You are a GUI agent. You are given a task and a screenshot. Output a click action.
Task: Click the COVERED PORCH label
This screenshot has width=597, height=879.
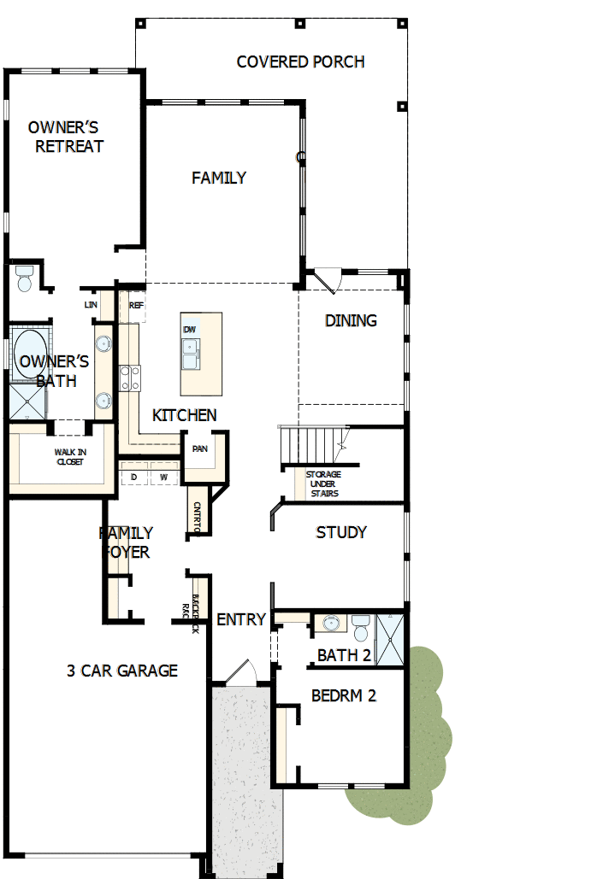[300, 62]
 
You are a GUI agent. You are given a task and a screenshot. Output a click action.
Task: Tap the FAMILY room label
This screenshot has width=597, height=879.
[219, 178]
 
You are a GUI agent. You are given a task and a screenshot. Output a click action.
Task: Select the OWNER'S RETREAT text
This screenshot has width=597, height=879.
[69, 137]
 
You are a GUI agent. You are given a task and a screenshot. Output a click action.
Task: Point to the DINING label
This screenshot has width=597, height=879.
[351, 320]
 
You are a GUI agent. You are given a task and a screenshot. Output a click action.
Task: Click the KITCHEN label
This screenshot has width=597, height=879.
[184, 415]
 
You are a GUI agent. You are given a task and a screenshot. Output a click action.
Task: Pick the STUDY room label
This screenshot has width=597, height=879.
[341, 532]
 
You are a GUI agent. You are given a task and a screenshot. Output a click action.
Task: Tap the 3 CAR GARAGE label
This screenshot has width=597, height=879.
[122, 671]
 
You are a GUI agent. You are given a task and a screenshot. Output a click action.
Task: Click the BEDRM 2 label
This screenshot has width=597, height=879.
[344, 695]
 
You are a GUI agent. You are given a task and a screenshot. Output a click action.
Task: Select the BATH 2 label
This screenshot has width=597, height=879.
[344, 655]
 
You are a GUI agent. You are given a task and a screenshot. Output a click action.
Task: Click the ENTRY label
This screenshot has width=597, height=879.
[241, 619]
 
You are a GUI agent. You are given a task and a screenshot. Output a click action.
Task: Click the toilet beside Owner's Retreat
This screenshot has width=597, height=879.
[24, 278]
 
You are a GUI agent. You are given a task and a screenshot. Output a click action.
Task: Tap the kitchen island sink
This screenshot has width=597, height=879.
[190, 351]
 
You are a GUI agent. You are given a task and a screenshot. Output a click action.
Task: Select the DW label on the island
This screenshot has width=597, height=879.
[189, 329]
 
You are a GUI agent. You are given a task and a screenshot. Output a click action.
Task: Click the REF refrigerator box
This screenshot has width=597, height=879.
[135, 305]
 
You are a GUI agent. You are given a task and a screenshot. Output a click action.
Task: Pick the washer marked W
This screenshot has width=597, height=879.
[163, 476]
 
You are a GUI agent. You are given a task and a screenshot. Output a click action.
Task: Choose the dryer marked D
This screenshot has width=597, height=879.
[133, 476]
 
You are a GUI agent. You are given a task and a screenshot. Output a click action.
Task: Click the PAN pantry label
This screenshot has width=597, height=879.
[199, 448]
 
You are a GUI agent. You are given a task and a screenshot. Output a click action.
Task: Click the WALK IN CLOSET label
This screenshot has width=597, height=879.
[71, 456]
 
